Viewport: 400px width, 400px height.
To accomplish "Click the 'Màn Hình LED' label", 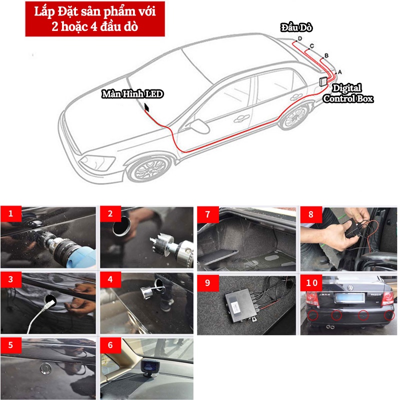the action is (x=132, y=94).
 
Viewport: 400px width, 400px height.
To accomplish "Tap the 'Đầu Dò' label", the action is (x=296, y=27).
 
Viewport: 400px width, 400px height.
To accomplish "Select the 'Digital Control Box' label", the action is (x=347, y=93).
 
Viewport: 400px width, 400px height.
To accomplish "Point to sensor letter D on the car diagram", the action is (x=299, y=38).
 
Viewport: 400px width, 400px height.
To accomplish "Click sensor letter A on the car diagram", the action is (x=339, y=72).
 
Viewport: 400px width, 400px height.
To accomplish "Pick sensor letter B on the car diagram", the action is (x=326, y=55).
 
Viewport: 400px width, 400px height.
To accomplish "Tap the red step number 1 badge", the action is (x=10, y=213).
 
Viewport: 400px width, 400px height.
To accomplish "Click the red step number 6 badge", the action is (x=110, y=345).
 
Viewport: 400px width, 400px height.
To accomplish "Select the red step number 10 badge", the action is (x=311, y=282).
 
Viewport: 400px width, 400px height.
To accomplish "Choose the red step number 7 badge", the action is (x=207, y=214).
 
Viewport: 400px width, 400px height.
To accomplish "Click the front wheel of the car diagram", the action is (x=150, y=168).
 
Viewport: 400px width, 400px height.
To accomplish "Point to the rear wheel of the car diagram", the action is (x=294, y=116).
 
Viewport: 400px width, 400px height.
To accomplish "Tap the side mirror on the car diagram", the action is (x=199, y=126).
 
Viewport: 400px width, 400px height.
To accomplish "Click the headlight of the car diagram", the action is (x=97, y=162).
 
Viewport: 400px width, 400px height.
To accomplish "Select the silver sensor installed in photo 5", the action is (x=45, y=367).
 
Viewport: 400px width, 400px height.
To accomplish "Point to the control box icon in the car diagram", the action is (x=323, y=81).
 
